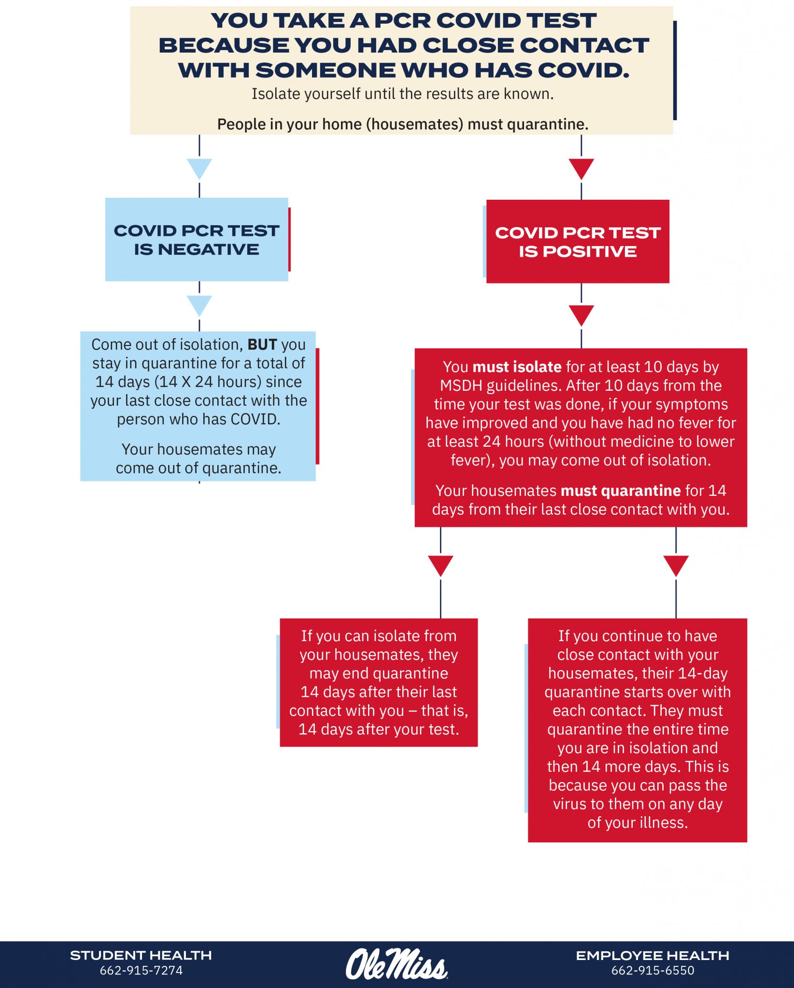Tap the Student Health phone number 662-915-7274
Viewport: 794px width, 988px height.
[x=141, y=971]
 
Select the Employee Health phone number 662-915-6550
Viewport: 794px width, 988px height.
[x=652, y=971]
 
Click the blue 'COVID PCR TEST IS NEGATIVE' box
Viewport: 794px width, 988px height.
[x=197, y=239]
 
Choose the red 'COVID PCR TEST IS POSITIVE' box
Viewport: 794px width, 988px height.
[x=578, y=241]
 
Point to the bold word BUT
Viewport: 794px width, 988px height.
[x=262, y=344]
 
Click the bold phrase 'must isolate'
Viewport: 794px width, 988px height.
[x=517, y=367]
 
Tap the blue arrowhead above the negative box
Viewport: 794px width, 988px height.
[x=199, y=168]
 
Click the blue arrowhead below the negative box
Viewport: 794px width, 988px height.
[x=199, y=305]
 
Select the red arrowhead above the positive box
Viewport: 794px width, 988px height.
[x=581, y=168]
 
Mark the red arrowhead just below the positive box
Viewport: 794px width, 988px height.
[x=581, y=315]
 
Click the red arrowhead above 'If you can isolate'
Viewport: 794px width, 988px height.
[x=440, y=565]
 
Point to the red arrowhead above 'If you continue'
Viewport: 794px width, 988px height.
[x=676, y=565]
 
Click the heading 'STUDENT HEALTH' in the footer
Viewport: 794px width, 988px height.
[x=141, y=956]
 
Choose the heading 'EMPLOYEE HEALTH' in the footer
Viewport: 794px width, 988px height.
[x=652, y=956]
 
